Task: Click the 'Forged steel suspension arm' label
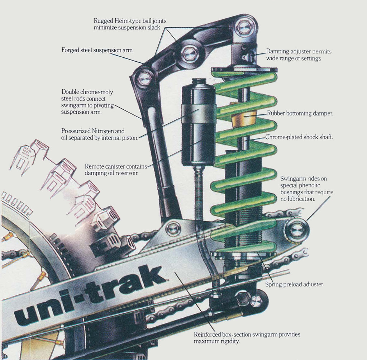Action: coord(97,50)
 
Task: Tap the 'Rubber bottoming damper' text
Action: coord(300,114)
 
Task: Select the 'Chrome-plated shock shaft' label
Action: coord(299,137)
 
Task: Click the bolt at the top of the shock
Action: coord(244,27)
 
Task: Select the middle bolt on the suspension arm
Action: coord(189,54)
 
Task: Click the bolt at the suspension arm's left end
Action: coord(145,78)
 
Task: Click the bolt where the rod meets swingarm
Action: coord(174,228)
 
